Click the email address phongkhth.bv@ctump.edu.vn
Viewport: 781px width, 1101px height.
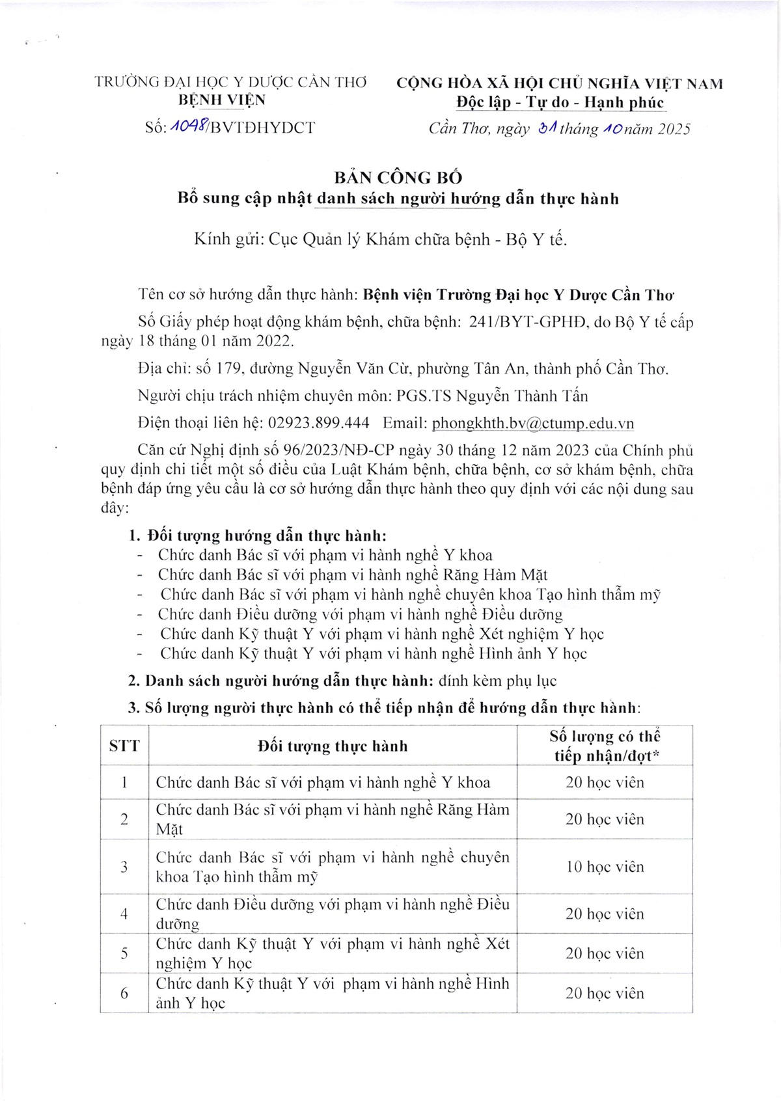click(x=533, y=424)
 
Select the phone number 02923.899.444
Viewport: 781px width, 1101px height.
click(x=319, y=424)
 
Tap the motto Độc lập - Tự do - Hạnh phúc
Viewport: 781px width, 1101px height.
click(x=559, y=102)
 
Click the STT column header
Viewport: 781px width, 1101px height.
click(x=124, y=746)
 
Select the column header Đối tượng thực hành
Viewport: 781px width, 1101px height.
click(x=333, y=746)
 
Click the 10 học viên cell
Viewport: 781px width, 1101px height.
click(x=605, y=867)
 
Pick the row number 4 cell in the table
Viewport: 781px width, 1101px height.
click(x=124, y=914)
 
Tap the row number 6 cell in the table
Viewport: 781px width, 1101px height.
click(x=124, y=993)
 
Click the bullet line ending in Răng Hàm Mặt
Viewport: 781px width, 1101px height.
click(x=352, y=575)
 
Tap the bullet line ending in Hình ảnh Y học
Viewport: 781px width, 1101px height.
click(x=374, y=653)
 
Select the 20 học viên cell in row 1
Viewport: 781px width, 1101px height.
click(x=605, y=782)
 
